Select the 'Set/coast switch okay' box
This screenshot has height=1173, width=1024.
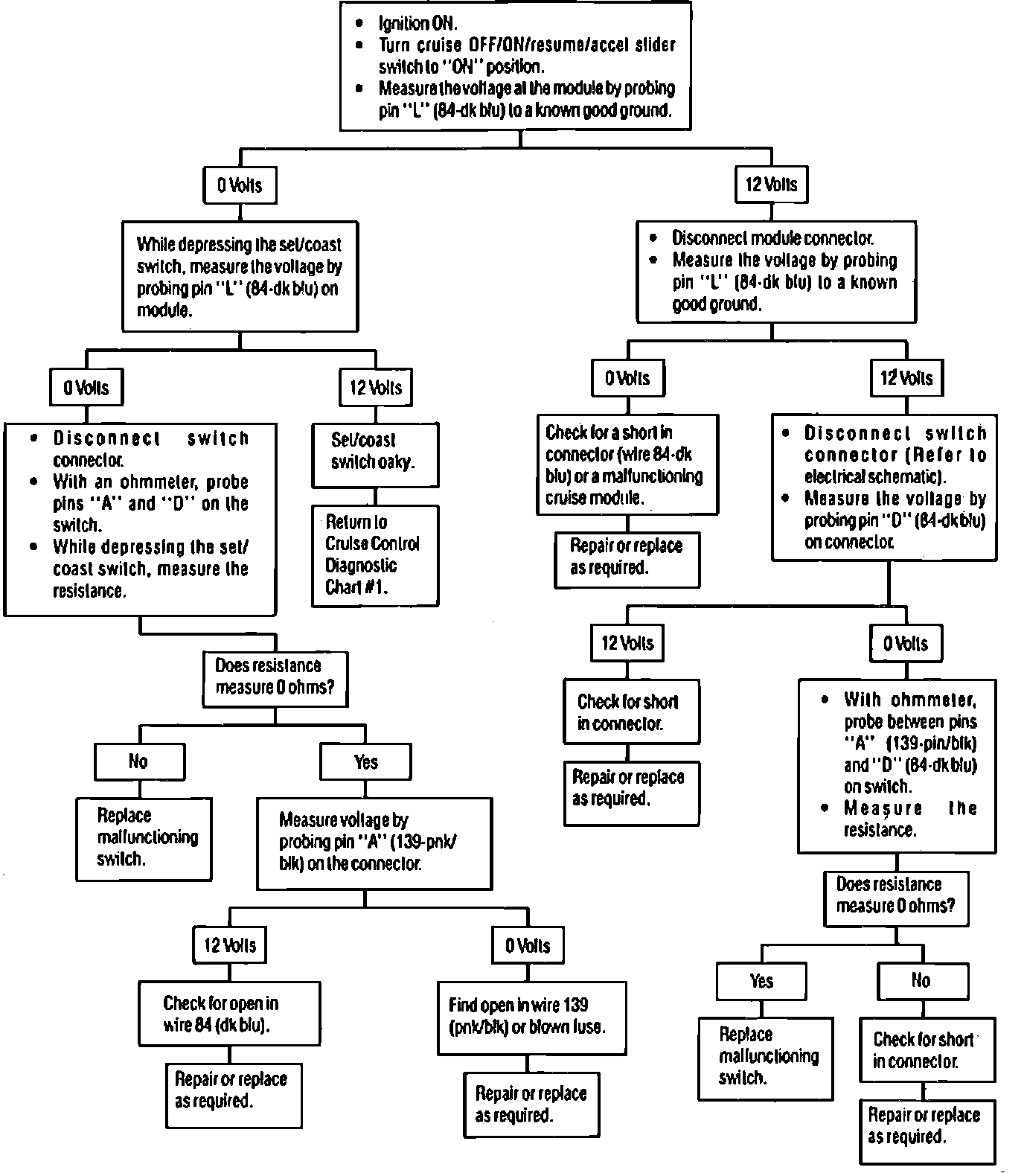(374, 455)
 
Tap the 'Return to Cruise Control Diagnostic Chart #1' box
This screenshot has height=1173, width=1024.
(374, 554)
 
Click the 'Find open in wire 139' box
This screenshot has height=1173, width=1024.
(531, 1017)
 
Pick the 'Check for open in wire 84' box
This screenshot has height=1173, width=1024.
(229, 1014)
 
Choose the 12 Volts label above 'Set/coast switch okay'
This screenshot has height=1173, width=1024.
(375, 388)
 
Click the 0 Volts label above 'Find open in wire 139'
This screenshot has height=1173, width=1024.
(528, 946)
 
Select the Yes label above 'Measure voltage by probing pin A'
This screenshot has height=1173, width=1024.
(365, 761)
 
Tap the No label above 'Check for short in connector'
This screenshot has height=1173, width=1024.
(921, 980)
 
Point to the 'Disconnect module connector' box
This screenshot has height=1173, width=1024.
(776, 271)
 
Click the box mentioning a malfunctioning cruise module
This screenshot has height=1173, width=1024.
(627, 464)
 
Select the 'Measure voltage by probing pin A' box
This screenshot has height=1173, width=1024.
(374, 843)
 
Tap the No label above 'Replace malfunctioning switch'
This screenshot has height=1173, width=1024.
(138, 761)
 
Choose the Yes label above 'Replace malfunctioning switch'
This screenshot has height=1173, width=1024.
(761, 980)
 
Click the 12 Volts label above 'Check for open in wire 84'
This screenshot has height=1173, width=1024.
(229, 946)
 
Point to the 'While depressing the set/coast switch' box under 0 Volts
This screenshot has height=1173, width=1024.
(240, 277)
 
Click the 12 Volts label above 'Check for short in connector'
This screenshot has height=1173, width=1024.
(627, 643)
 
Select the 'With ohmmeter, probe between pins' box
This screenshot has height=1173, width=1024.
(897, 765)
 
